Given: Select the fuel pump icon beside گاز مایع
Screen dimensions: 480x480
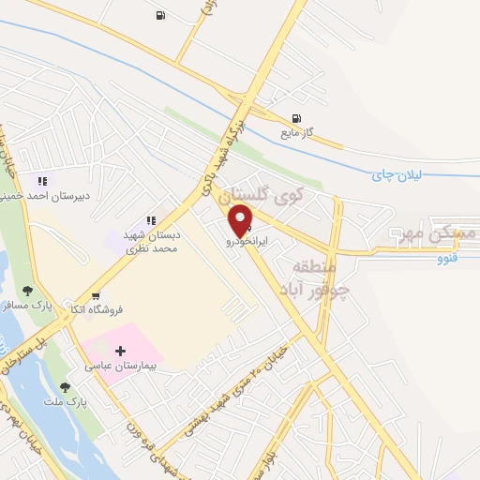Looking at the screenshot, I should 297,118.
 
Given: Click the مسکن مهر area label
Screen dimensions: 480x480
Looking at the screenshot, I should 435,232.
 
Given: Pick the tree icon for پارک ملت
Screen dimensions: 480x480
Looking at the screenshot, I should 65,387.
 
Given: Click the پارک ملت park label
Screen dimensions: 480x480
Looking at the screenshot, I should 70,401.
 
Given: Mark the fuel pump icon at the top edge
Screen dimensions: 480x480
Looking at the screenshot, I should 160,15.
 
